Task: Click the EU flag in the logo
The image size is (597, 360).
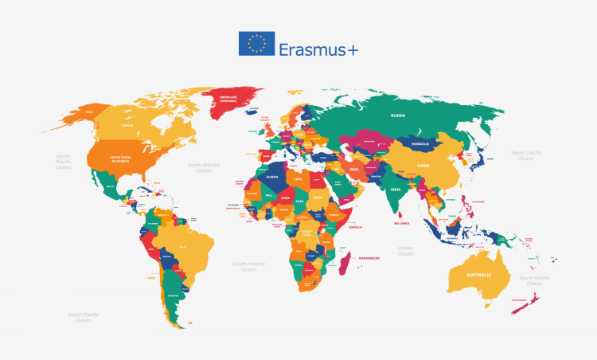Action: click(256, 44)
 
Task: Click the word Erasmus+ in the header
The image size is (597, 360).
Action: click(318, 49)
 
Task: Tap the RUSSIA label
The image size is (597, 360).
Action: click(399, 115)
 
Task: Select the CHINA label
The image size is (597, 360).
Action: click(423, 166)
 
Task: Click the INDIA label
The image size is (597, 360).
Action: click(395, 190)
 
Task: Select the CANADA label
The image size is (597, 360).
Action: click(127, 125)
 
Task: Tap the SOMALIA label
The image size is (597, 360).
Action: click(355, 227)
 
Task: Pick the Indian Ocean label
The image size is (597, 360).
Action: click(405, 252)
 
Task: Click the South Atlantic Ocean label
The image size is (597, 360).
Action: click(249, 266)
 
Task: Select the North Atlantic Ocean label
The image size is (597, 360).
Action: click(205, 168)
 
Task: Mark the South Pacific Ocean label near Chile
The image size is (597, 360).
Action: click(83, 317)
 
